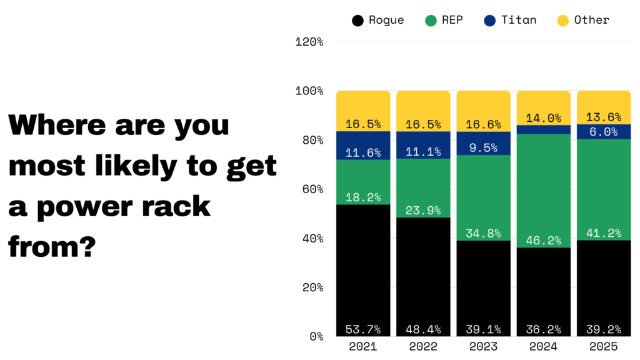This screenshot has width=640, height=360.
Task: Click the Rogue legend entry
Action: point(378,20)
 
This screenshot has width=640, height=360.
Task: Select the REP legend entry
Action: point(444,20)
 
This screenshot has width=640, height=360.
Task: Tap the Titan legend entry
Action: point(510,20)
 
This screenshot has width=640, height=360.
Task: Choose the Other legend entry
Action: point(583,20)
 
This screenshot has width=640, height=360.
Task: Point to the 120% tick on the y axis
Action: point(309,42)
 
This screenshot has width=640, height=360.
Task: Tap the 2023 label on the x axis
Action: point(483,346)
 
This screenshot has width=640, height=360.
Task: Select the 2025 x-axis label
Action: point(603,346)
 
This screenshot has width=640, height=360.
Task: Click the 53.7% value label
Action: point(363,329)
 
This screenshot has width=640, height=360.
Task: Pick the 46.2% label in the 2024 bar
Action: point(543,240)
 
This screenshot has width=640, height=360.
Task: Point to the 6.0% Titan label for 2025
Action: point(603,132)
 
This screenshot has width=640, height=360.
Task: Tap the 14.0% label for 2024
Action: point(543,118)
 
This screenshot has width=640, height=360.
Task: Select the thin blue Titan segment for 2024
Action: point(543,129)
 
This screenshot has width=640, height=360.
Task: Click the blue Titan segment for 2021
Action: point(363,145)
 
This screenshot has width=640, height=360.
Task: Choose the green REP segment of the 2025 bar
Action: point(603,187)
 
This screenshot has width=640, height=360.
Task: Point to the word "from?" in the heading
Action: point(52,247)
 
